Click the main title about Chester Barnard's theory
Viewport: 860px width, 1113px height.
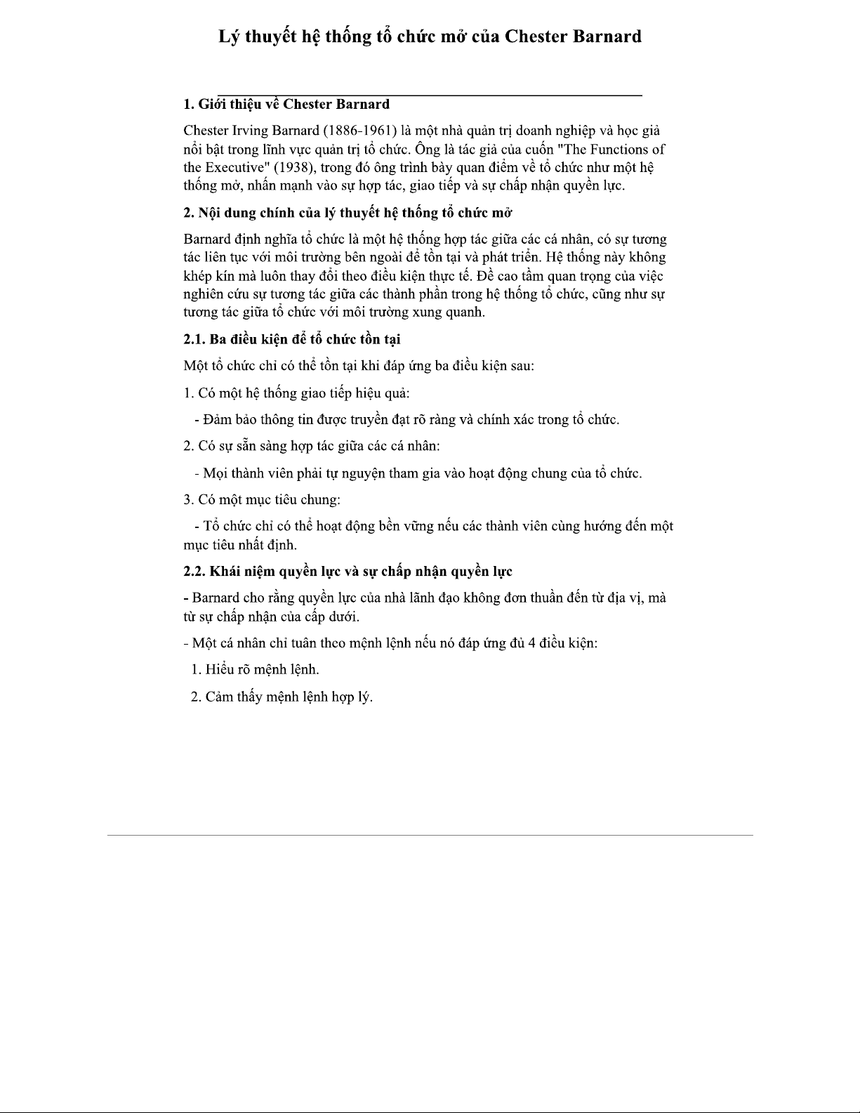pyautogui.click(x=430, y=37)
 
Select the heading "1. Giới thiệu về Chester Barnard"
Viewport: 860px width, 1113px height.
pyautogui.click(x=286, y=105)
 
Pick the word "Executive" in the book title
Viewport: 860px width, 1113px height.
pyautogui.click(x=235, y=168)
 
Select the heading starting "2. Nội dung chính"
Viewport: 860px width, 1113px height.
pyautogui.click(x=347, y=213)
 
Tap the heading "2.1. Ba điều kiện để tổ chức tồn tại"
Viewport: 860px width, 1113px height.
pyautogui.click(x=291, y=339)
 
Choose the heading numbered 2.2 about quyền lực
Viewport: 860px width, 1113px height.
pyautogui.click(x=348, y=572)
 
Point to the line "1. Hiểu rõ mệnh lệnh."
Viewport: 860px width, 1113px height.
pyautogui.click(x=255, y=669)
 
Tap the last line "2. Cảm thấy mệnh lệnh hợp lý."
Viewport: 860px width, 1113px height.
pyautogui.click(x=282, y=697)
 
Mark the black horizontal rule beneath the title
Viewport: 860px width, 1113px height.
pyautogui.click(x=430, y=94)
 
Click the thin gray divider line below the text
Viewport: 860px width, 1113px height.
pyautogui.click(x=430, y=836)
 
